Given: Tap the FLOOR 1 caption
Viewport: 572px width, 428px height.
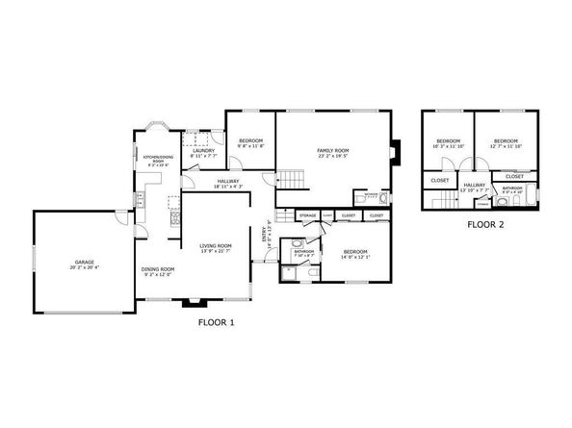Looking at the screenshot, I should tap(216, 323).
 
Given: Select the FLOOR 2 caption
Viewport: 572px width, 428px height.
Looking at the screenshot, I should tap(486, 225).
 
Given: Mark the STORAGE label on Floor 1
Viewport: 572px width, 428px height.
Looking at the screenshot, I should tap(308, 215).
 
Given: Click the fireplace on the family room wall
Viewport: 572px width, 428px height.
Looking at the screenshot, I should tap(393, 150).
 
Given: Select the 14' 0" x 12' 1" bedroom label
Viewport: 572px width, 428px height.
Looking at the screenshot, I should tap(355, 254).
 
